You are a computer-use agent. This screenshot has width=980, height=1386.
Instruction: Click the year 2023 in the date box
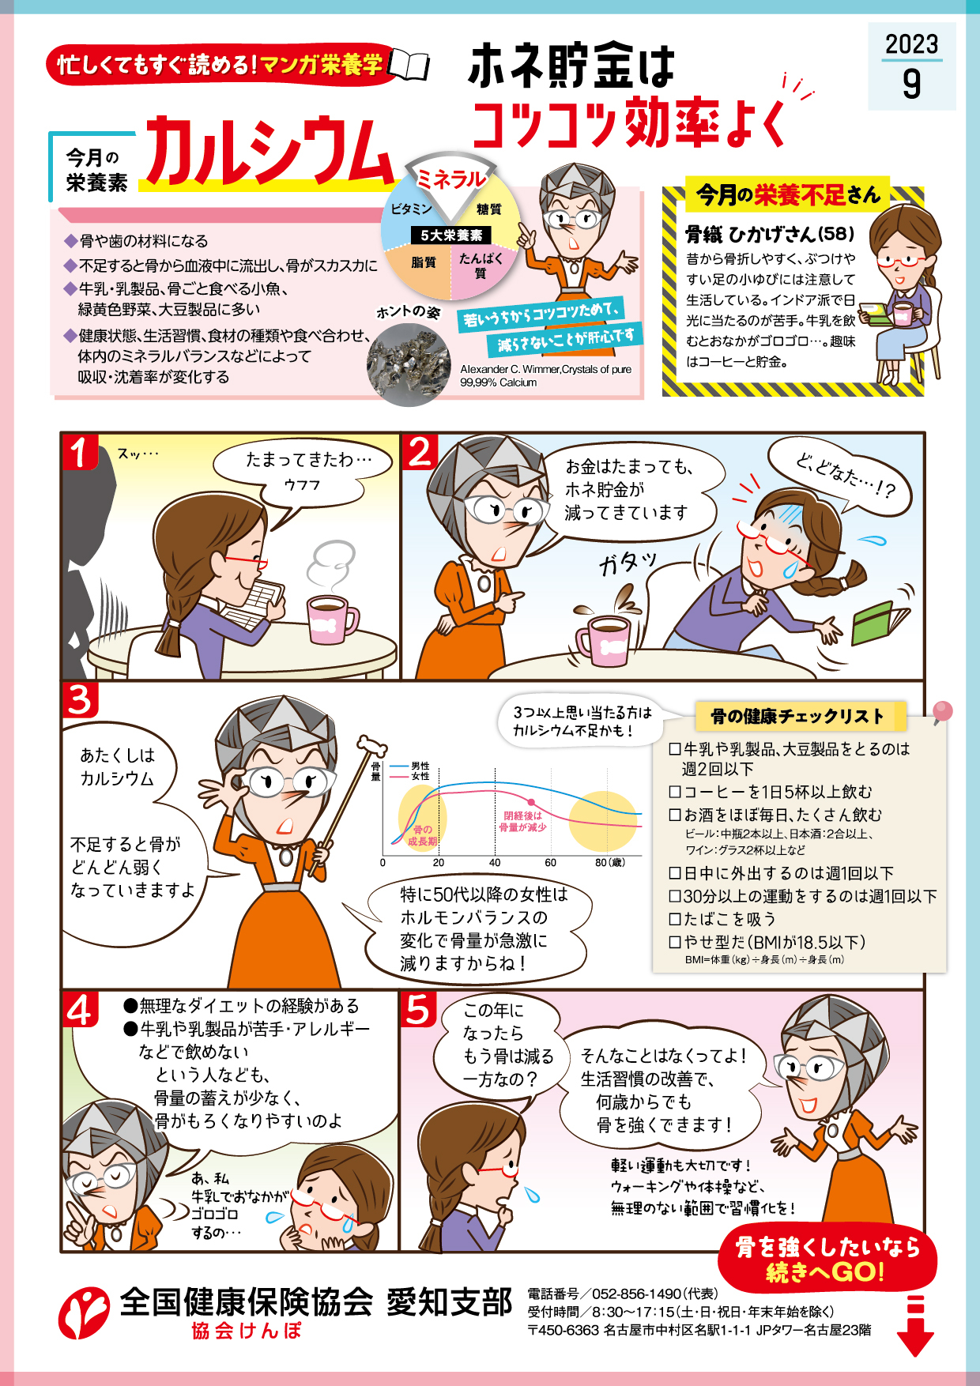tap(911, 43)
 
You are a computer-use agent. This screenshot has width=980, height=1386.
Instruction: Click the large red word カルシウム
tap(268, 152)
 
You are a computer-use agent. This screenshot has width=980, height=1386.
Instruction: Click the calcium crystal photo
tap(409, 364)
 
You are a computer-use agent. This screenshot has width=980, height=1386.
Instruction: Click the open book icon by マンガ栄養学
tap(410, 66)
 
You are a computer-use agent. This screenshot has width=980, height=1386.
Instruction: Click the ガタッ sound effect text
tap(628, 562)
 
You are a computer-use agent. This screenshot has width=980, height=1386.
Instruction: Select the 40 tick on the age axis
tap(495, 862)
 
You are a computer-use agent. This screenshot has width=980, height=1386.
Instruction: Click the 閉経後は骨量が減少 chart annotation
tap(522, 821)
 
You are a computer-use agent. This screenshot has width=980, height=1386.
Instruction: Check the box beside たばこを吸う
tap(675, 919)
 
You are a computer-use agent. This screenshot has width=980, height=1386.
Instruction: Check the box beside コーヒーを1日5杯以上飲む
tap(675, 792)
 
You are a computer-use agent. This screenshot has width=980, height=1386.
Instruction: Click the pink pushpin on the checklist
tap(942, 712)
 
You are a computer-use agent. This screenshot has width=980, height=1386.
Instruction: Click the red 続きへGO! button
tap(827, 1260)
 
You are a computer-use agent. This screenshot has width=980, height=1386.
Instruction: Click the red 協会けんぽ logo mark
tap(83, 1313)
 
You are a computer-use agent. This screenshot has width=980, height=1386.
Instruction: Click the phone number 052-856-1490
tap(636, 1294)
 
